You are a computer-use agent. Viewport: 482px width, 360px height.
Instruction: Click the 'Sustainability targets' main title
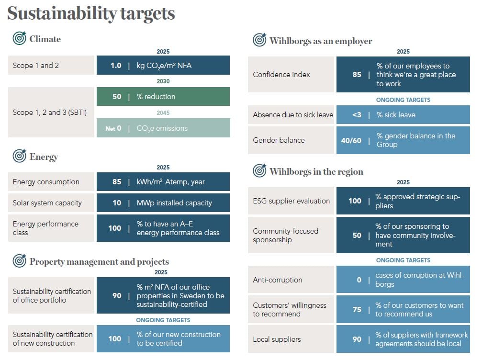click(x=91, y=13)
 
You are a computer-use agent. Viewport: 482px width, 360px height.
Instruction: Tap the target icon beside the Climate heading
click(x=20, y=38)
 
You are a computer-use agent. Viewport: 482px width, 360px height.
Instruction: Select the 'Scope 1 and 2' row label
click(x=36, y=65)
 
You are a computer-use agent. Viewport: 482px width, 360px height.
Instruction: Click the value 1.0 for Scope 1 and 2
click(x=116, y=65)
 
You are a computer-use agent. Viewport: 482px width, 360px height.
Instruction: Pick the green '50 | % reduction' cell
click(x=163, y=96)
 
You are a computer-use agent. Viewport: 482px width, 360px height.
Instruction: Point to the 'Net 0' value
click(x=113, y=128)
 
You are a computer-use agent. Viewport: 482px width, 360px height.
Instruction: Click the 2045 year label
click(x=163, y=113)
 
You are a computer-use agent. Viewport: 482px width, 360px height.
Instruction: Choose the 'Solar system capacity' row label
click(x=47, y=202)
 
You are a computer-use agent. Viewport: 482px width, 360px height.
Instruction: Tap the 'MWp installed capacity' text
click(x=174, y=202)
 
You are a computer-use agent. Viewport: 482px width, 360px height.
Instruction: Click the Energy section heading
click(x=44, y=157)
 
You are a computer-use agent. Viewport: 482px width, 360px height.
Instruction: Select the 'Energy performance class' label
click(x=45, y=228)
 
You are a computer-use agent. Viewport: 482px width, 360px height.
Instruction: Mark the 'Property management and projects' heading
click(x=99, y=261)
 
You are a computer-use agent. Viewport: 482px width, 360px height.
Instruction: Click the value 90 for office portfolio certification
click(x=117, y=295)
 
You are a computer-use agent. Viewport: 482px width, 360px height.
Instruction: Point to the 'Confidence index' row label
click(x=281, y=74)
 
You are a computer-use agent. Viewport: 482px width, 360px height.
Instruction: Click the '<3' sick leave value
click(x=357, y=115)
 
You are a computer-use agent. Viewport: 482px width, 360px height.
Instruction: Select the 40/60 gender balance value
click(x=351, y=140)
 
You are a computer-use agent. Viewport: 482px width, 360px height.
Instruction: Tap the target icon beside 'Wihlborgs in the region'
click(x=259, y=171)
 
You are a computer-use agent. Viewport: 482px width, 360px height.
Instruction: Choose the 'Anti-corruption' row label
click(x=278, y=280)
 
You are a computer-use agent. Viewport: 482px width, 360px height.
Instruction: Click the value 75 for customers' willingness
click(x=357, y=309)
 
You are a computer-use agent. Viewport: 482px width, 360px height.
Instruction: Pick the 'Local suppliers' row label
click(x=277, y=339)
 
